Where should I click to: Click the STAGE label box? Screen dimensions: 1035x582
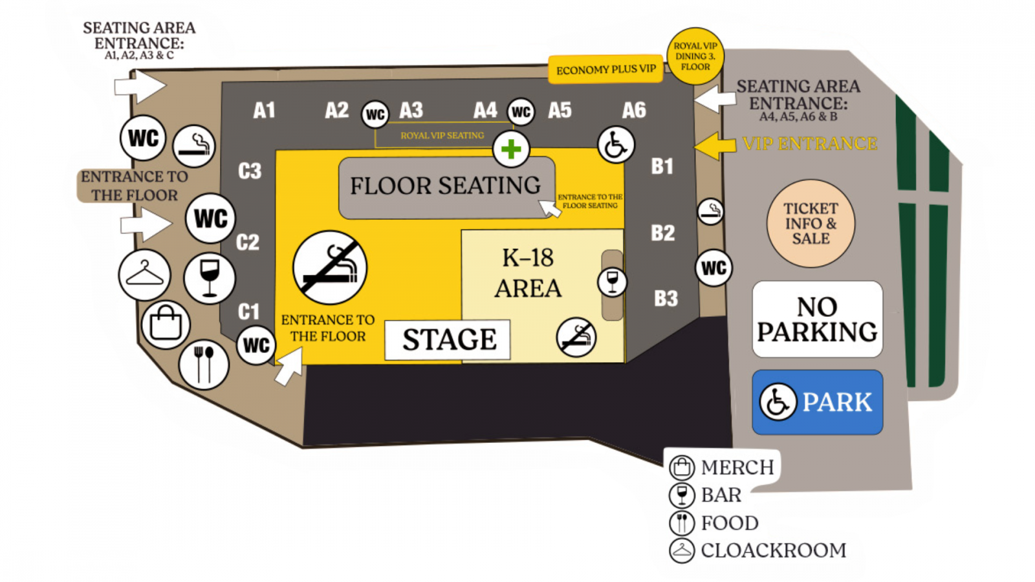[x=447, y=339]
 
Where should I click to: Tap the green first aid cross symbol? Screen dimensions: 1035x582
[x=510, y=149]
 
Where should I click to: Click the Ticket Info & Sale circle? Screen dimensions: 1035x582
[x=811, y=224]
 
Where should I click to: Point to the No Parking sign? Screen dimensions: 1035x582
[x=818, y=319]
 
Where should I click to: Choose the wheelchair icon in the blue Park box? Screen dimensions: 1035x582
[x=778, y=402]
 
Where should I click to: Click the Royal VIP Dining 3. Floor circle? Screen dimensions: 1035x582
[x=695, y=56]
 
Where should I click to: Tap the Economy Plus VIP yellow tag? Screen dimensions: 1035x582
[x=605, y=70]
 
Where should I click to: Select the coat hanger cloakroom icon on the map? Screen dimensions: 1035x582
[x=145, y=275]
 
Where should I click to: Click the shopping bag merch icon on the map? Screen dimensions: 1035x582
[x=166, y=325]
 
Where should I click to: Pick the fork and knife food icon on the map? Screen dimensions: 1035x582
[x=204, y=365]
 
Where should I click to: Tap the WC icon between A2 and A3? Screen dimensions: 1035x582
[x=375, y=114]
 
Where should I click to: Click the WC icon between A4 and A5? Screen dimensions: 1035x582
[x=521, y=112]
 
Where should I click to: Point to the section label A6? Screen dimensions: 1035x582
[x=633, y=111]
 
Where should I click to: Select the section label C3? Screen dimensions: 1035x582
[x=250, y=171]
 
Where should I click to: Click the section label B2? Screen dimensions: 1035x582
[x=663, y=233]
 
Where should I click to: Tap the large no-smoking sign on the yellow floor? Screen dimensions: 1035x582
[x=330, y=268]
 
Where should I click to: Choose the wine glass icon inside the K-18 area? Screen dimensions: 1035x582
[x=612, y=282]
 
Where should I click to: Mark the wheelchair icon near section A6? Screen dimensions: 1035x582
[x=616, y=145]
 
